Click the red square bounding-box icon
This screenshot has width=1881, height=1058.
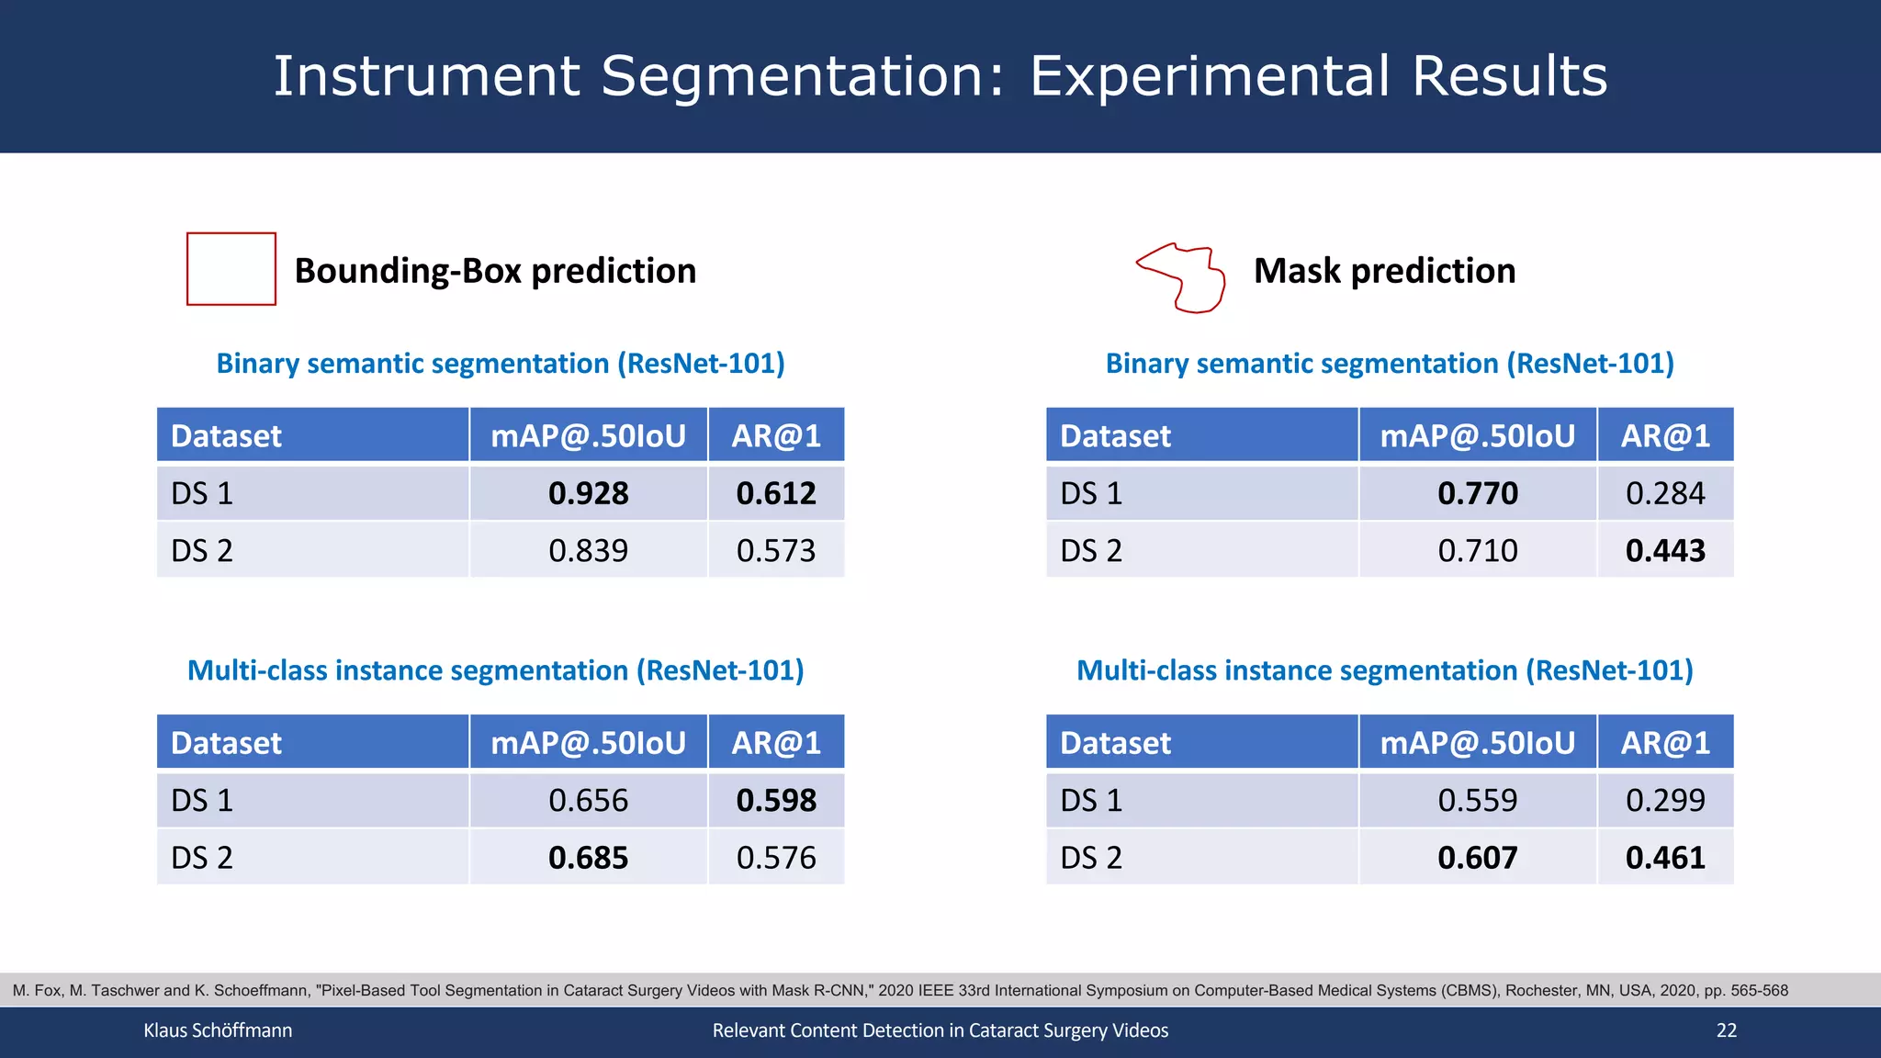coord(231,269)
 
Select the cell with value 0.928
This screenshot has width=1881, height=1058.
coord(588,493)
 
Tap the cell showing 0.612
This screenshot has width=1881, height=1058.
coord(776,493)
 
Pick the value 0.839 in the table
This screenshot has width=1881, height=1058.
coord(588,550)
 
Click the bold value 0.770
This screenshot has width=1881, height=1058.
coord(1477,493)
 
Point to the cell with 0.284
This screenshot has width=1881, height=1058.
coord(1664,493)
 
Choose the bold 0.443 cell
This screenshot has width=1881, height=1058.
coord(1664,550)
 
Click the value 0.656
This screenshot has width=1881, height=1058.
coord(588,800)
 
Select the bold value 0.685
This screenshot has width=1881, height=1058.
coord(588,858)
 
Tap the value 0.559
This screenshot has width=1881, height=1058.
coord(1477,800)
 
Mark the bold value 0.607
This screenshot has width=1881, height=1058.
coord(1477,858)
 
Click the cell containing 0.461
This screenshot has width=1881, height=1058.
coord(1664,858)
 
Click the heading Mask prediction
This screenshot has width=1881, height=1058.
coord(1384,271)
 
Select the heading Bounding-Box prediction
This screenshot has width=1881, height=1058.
coord(495,271)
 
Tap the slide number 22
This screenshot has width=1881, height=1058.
coord(1726,1030)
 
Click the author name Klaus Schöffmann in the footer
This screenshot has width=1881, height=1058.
coord(218,1030)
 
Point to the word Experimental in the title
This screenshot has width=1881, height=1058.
coord(1210,75)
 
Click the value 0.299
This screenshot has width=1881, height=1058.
coord(1664,800)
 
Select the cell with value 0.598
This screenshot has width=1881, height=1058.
coord(776,800)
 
